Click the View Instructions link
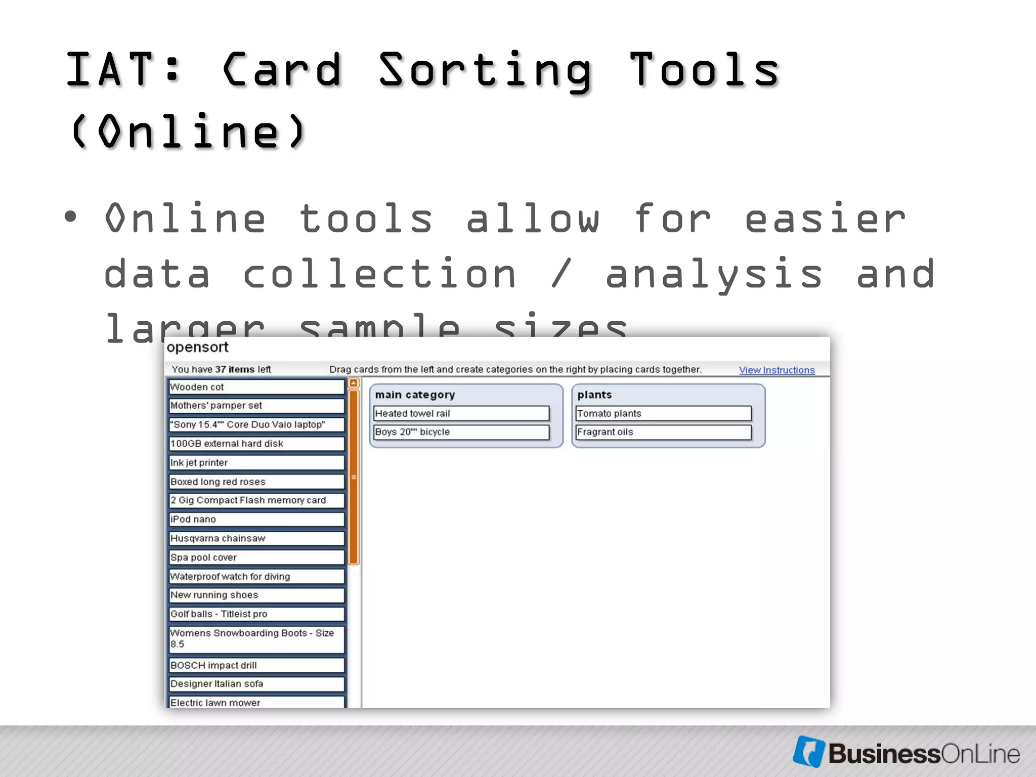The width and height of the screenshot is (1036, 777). [776, 370]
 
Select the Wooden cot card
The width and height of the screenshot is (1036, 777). [256, 387]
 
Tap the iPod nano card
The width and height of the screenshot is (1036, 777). [256, 520]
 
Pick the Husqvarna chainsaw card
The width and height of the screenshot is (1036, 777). [256, 538]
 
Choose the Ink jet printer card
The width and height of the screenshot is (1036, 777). [256, 462]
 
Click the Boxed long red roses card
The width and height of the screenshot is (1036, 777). [256, 482]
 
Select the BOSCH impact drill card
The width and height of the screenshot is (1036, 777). [256, 665]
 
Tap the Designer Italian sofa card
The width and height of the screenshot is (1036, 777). [256, 684]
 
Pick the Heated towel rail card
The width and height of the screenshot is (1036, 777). [461, 413]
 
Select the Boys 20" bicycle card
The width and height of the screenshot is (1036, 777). [461, 432]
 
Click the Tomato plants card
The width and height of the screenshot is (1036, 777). [663, 413]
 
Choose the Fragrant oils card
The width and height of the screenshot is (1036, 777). [663, 432]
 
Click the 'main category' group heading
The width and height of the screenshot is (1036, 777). [415, 395]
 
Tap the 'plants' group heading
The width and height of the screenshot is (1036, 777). [594, 395]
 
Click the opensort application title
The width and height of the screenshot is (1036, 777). [197, 348]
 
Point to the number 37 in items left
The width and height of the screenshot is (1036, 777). [221, 369]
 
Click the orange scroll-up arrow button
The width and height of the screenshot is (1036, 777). [354, 383]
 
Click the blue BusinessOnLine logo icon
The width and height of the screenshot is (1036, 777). [809, 751]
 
